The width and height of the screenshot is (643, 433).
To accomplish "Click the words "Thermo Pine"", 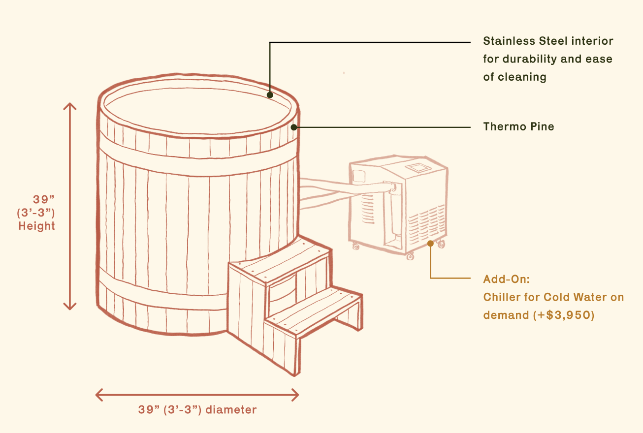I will point(518,127).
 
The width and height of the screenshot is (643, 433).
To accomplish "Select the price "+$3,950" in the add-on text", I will point(566,315).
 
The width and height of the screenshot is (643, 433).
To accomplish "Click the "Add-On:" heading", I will point(506,279).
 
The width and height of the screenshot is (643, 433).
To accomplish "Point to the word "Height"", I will point(37,226).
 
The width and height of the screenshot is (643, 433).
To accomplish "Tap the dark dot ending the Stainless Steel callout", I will point(270,95).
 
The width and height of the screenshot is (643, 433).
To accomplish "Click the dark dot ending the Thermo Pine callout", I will point(294,127).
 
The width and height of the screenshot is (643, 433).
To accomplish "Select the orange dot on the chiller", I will point(430,243).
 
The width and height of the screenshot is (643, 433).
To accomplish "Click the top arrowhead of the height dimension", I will point(70,105).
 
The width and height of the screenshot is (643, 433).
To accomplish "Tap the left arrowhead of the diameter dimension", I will point(98,395).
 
